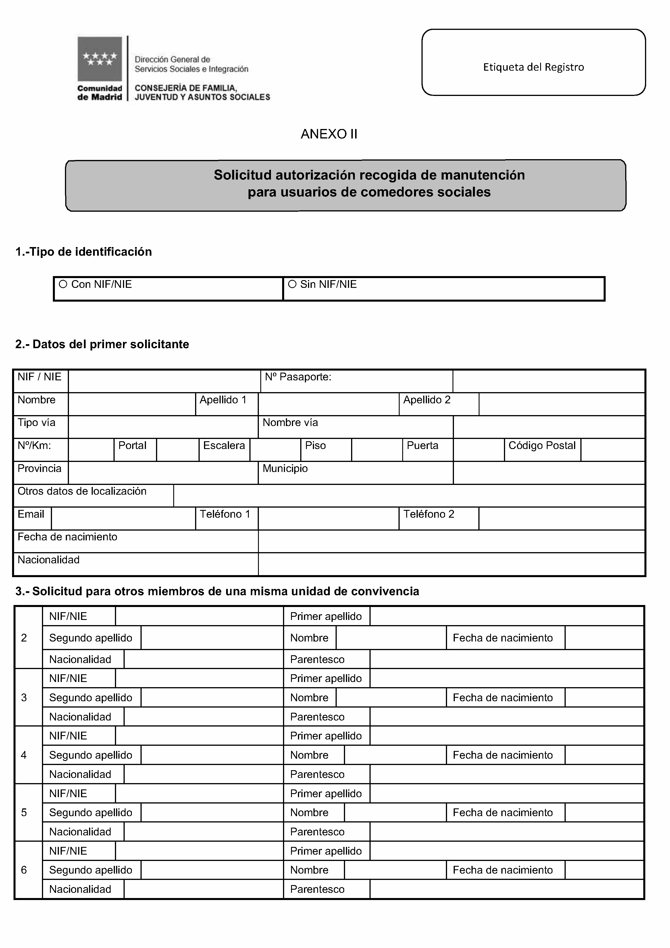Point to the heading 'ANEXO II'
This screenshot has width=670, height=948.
point(329,134)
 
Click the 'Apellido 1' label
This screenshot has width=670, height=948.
point(223,400)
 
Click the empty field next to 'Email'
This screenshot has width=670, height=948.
point(123,518)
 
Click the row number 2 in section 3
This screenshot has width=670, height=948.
point(24,638)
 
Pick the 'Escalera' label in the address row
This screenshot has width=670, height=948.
point(224,446)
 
